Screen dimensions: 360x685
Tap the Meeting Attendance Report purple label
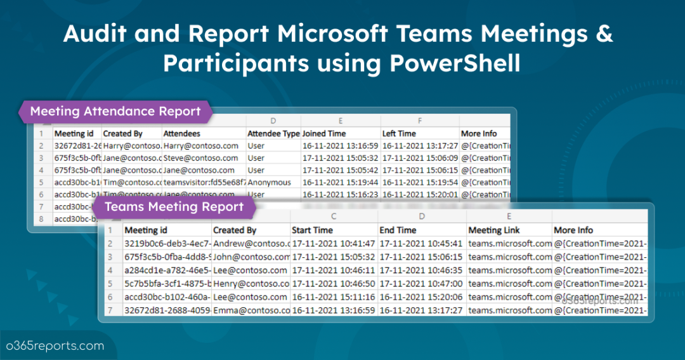115,112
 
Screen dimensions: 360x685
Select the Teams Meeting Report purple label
174,206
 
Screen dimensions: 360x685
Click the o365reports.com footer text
55,346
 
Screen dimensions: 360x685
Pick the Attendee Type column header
273,134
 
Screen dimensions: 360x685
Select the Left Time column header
399,134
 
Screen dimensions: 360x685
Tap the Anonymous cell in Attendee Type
270,182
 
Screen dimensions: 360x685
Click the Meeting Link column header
493,230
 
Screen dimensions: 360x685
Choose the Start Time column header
312,230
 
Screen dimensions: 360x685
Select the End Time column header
398,230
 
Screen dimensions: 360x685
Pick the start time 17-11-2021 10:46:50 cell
333,283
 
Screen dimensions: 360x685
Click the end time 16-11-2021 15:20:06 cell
420,297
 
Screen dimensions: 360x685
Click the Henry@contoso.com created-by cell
250,283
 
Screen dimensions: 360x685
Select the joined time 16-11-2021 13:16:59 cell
340,146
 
